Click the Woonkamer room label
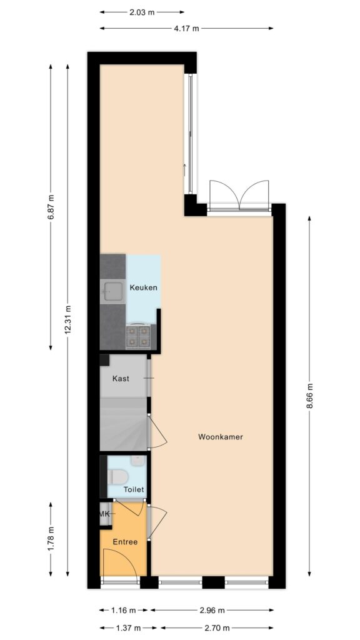pyautogui.click(x=221, y=437)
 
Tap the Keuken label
pyautogui.click(x=143, y=287)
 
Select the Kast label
pyautogui.click(x=121, y=379)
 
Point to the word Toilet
pyautogui.click(x=134, y=489)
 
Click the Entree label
pyautogui.click(x=125, y=542)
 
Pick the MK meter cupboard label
pyautogui.click(x=105, y=514)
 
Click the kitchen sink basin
pyautogui.click(x=113, y=291)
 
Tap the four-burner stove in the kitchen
pyautogui.click(x=138, y=337)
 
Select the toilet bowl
pyautogui.click(x=118, y=477)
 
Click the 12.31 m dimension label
pyautogui.click(x=67, y=320)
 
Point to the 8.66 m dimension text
pyautogui.click(x=309, y=397)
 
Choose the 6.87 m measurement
pyautogui.click(x=51, y=207)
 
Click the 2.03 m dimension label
pyautogui.click(x=142, y=12)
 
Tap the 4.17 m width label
pyautogui.click(x=186, y=29)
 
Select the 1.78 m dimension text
pyautogui.click(x=51, y=539)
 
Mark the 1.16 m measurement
pyautogui.click(x=124, y=611)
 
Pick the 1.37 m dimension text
pyautogui.click(x=128, y=627)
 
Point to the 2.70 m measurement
pyautogui.click(x=216, y=627)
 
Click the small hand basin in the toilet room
pyautogui.click(x=139, y=461)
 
